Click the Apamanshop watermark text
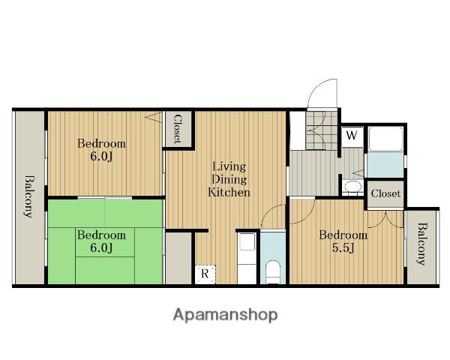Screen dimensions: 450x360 click(225, 315)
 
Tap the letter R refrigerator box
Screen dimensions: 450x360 click(205, 274)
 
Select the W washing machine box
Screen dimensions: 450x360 click(352, 136)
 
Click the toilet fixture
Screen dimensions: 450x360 click(273, 271)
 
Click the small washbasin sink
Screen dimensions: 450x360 click(352, 187)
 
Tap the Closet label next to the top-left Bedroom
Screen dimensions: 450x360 click(177, 129)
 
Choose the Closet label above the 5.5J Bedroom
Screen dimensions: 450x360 click(385, 193)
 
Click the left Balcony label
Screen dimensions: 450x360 click(29, 196)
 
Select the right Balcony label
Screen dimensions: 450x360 click(421, 244)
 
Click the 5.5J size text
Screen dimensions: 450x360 click(343, 247)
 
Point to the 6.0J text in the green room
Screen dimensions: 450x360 click(101, 247)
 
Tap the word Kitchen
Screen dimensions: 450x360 click(229, 192)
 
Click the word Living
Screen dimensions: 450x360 click(229, 166)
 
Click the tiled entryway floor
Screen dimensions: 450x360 click(322, 130)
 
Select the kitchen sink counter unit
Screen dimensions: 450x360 click(247, 258)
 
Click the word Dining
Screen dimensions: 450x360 click(229, 180)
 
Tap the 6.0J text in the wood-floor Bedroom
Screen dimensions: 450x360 click(101, 157)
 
